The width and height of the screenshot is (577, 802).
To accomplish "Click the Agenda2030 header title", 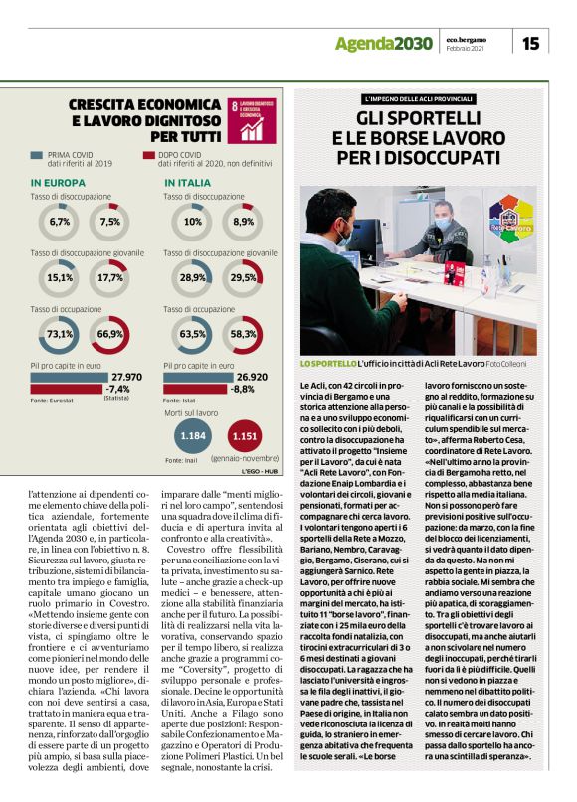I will pos(383,43).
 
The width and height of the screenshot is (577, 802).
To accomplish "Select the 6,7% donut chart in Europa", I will pos(60,221).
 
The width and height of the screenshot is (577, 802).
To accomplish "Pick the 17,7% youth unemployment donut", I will pos(110,277).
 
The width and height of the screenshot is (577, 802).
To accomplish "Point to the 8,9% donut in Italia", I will pos(243,221).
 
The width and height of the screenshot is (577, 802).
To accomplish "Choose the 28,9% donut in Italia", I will pos(193,277).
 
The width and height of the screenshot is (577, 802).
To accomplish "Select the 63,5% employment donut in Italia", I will pos(193,334).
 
